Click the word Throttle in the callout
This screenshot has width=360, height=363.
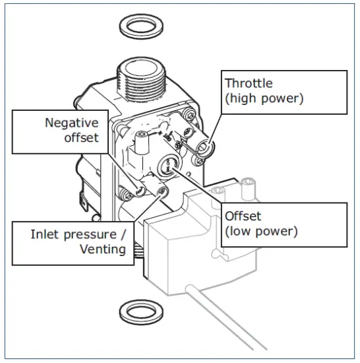pos(248,83)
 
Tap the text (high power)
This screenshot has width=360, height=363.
pos(262,99)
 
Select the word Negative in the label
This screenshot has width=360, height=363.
pos(71,122)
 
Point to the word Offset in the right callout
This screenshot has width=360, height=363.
pos(241,216)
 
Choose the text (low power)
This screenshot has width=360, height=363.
pos(261,232)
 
